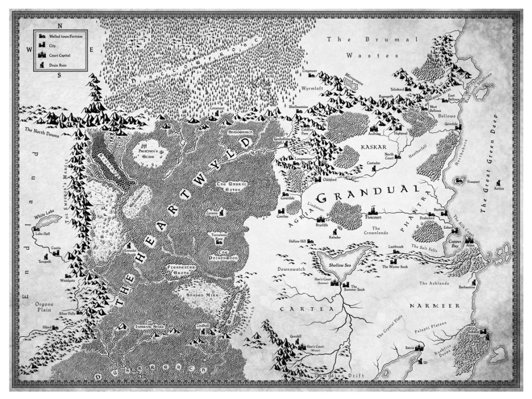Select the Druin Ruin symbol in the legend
pos(39,64)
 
